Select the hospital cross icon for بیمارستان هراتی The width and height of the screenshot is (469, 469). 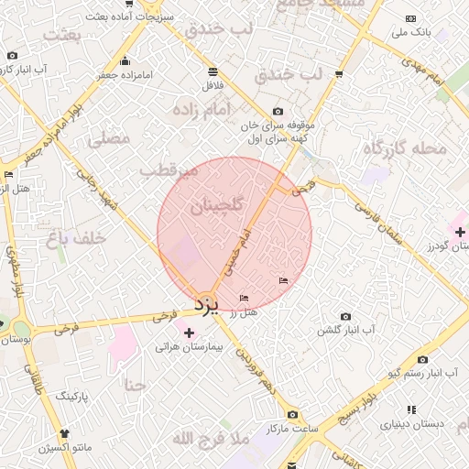[x=190, y=333]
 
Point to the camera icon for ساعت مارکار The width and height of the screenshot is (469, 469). [x=292, y=414]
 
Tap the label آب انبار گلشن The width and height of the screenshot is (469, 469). [x=345, y=329]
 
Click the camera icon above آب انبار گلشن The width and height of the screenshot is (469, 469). [x=345, y=316]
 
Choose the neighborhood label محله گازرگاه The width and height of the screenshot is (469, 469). [x=404, y=147]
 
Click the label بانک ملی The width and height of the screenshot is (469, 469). [x=409, y=32]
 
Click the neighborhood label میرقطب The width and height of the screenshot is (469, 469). [x=169, y=170]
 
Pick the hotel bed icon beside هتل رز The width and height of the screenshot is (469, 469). [x=244, y=299]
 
